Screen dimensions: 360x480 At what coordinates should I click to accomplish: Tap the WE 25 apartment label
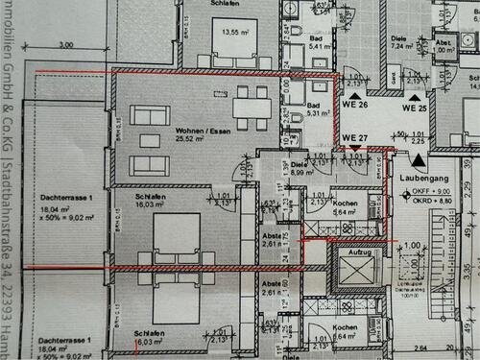(x=414, y=108)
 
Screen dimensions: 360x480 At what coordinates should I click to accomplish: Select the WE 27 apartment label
(x=355, y=138)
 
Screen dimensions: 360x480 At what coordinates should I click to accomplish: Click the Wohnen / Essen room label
(x=197, y=131)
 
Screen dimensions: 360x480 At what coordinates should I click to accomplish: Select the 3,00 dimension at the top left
(x=65, y=45)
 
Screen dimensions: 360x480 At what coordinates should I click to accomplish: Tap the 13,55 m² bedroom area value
(x=235, y=32)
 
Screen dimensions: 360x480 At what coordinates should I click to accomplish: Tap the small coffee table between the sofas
(x=150, y=140)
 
